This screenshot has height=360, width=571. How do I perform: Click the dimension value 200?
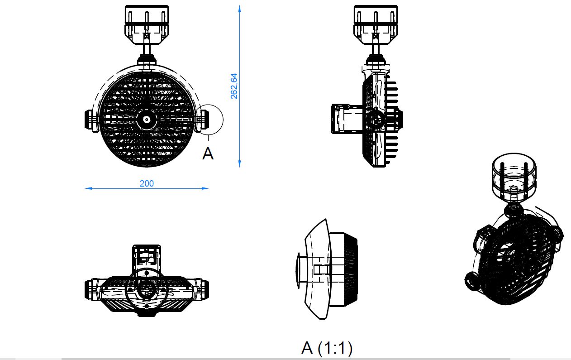(147, 183)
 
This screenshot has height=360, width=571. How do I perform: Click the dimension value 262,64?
(234, 86)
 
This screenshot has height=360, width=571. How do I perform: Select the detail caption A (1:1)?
(327, 348)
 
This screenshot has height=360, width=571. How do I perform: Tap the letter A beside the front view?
(208, 154)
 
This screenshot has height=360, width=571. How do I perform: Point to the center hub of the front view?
(147, 120)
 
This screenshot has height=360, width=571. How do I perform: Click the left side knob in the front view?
(90, 120)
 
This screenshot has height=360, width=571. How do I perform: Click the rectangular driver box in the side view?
(346, 120)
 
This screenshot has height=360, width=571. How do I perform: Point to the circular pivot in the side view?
(374, 120)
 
